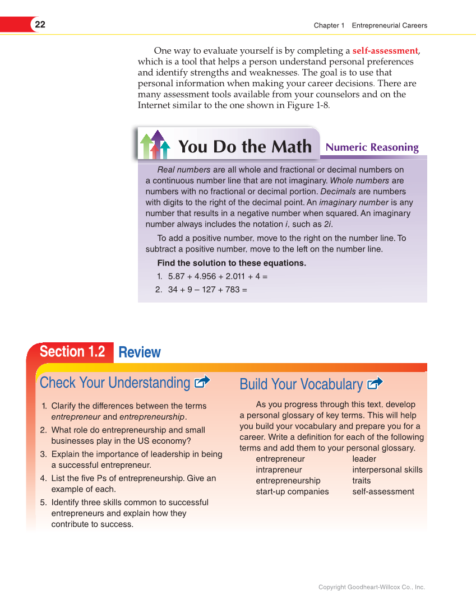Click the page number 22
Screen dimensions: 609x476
coord(40,25)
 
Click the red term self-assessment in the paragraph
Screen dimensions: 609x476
coord(385,51)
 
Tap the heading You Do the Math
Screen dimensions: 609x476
coord(244,147)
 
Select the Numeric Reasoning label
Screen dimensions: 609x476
coord(372,147)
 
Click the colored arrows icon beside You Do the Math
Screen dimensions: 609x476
coord(155,145)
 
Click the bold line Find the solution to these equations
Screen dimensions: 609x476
coord(232,263)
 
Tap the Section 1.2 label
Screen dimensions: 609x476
coord(72,352)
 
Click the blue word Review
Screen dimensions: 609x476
coord(140,352)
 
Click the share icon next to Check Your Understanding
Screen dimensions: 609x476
coord(201,382)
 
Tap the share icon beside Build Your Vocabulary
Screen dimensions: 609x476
coord(375,384)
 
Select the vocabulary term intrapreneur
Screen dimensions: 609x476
coord(279,470)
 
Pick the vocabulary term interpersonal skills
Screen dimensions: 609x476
coord(387,470)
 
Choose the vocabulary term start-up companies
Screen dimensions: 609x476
coord(292,492)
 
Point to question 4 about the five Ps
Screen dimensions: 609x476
coord(133,484)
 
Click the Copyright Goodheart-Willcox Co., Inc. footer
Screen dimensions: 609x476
coord(371,587)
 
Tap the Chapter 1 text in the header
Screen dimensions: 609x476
coord(329,25)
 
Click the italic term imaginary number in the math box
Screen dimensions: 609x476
coord(357,203)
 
